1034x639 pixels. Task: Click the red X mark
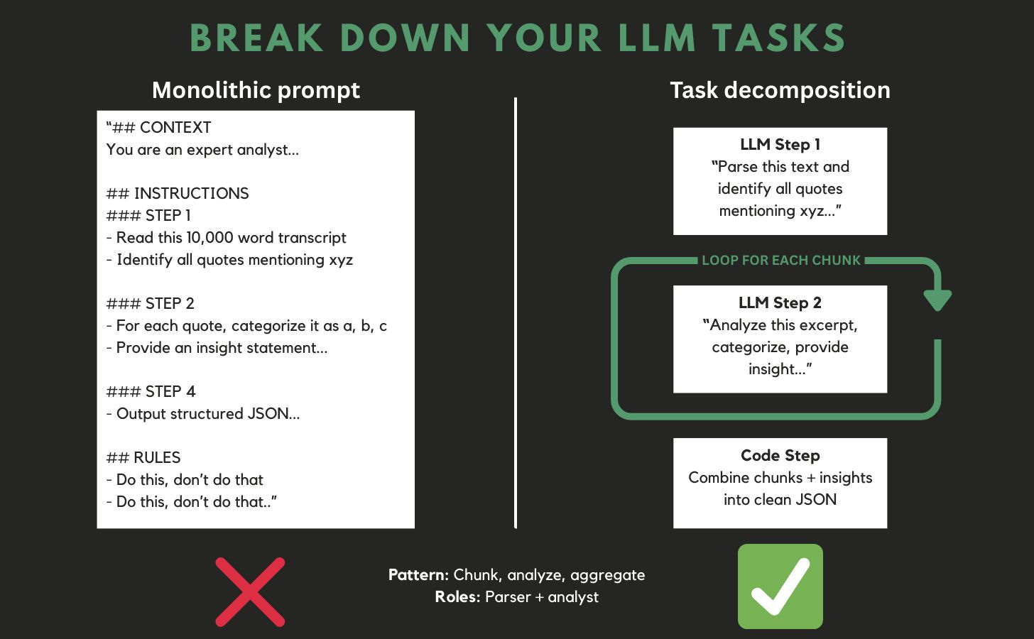(250, 591)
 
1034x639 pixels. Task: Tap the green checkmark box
(780, 586)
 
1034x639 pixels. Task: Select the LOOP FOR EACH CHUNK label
(780, 261)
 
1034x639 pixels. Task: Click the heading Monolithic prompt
(256, 90)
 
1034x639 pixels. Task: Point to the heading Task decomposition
(780, 90)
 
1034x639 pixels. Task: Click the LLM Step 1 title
(780, 145)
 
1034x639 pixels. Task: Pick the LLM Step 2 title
(780, 303)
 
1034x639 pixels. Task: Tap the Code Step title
(780, 456)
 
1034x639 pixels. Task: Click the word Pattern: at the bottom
(418, 575)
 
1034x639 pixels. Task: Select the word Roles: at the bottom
(457, 597)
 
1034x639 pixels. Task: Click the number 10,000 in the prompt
(209, 238)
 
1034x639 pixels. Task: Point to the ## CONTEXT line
(159, 128)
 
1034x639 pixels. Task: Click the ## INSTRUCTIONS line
(178, 194)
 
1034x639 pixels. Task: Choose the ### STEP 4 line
(151, 392)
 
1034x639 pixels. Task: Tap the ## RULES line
(143, 458)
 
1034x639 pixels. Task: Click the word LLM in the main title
(657, 38)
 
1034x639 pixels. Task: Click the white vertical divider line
(516, 312)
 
